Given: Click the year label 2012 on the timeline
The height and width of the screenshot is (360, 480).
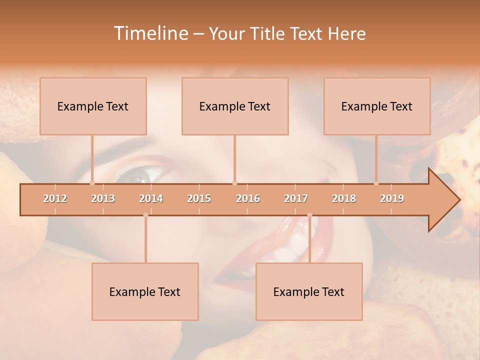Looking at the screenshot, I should point(55,198).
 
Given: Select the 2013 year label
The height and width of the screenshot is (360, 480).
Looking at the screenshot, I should point(103,198).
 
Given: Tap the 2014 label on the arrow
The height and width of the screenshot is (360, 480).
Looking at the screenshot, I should point(151,198).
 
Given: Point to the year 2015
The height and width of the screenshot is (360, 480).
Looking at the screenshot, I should point(199,198).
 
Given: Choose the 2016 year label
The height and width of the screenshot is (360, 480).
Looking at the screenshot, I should point(248,198).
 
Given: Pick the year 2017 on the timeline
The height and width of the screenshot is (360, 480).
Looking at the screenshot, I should point(296,198).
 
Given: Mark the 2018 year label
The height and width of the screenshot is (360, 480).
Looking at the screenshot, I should point(344,198).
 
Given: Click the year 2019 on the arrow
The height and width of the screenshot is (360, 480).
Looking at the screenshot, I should point(392,198).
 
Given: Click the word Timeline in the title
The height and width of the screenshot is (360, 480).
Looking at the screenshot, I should point(150,33).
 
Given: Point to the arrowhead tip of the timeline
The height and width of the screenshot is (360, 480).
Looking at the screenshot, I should point(459,200).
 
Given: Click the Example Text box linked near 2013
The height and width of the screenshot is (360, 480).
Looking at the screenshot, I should point(93,106).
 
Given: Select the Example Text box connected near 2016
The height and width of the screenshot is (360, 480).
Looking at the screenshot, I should point(235,106).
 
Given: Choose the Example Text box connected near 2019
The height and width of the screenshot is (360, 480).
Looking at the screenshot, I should point(377,106).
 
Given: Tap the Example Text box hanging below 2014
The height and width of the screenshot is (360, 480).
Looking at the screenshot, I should point(145,291).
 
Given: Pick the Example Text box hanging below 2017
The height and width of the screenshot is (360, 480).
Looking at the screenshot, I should point(309,291).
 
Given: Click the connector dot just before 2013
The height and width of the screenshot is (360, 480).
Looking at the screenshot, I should point(92,183).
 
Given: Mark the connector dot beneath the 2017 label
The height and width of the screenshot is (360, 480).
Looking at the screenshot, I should point(309,215).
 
